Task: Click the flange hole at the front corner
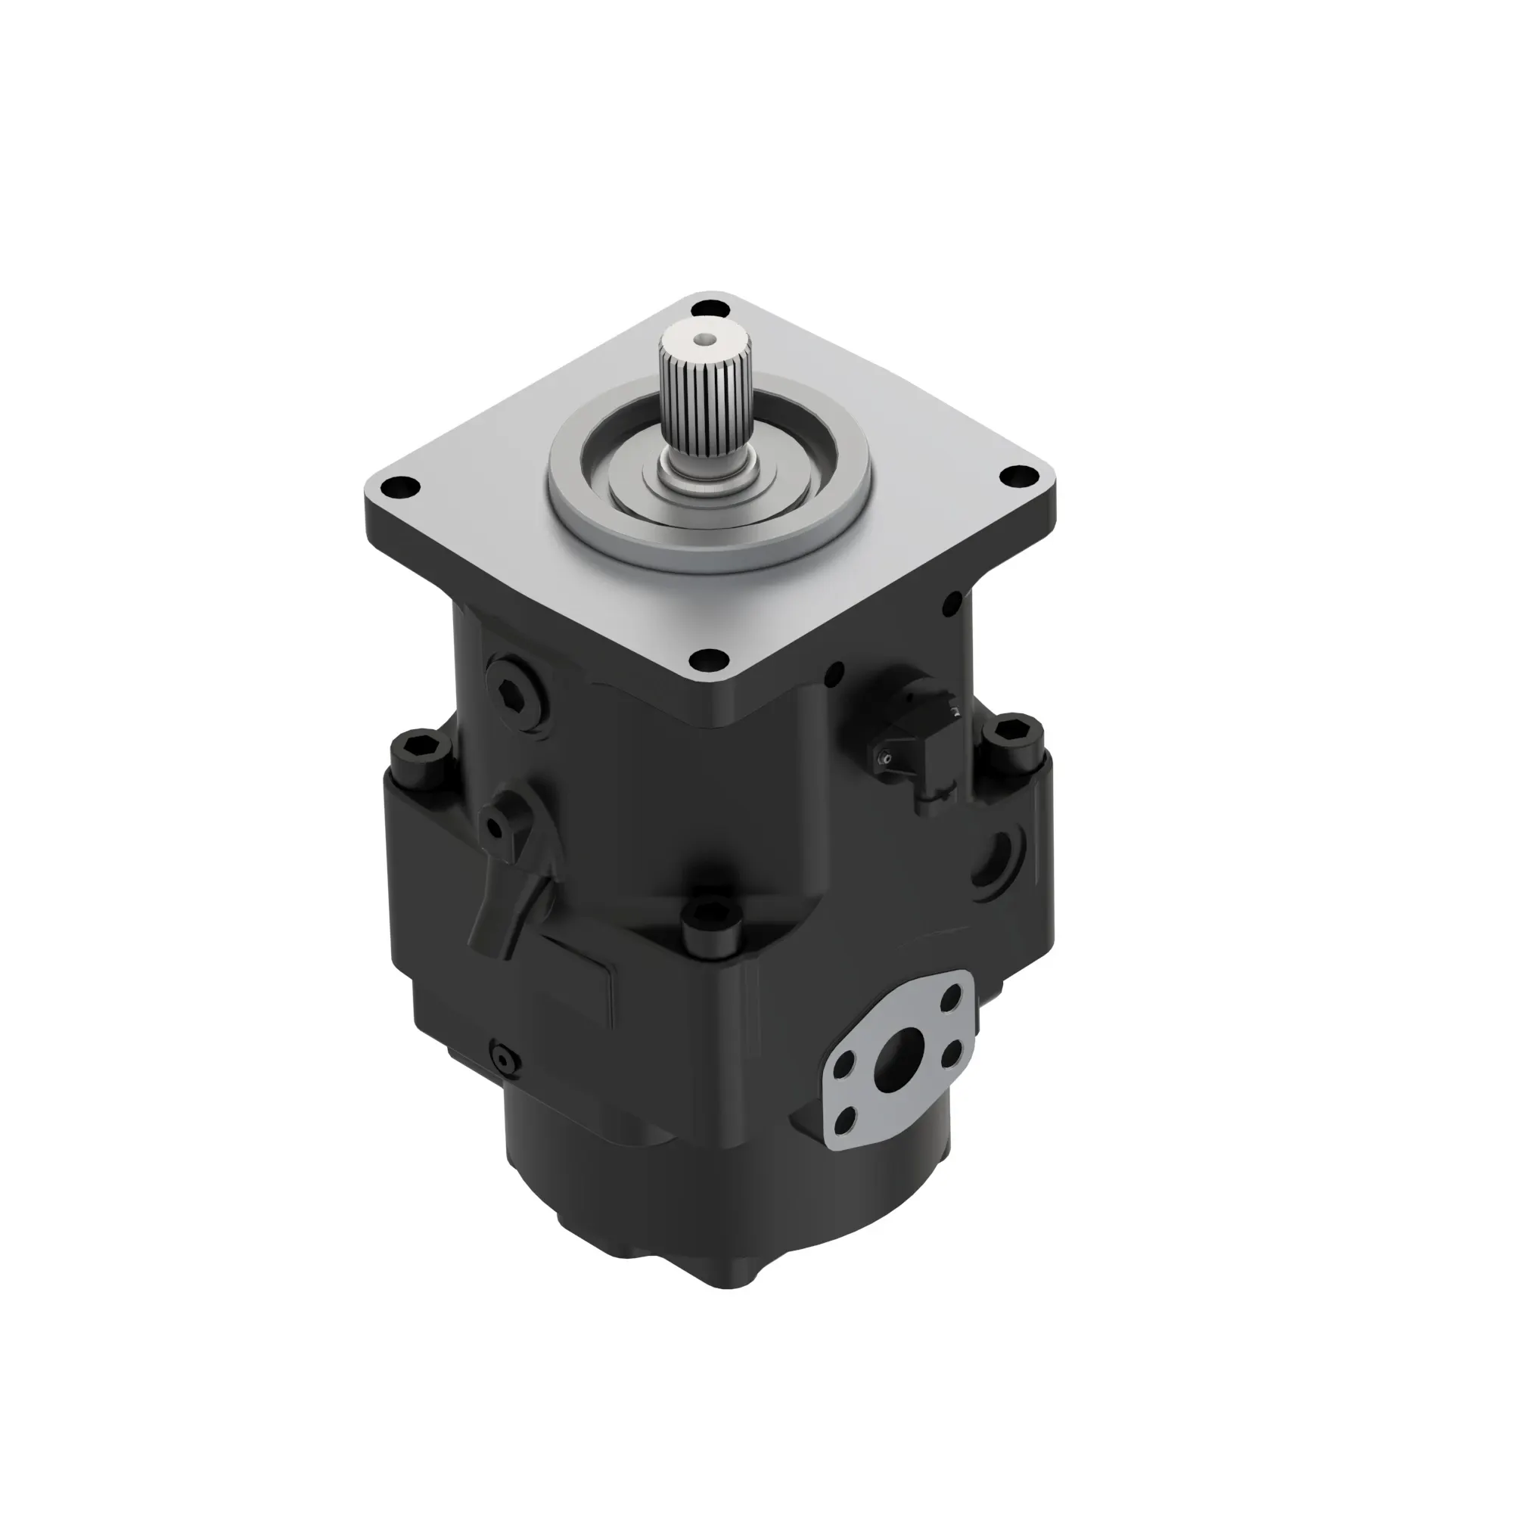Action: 709,660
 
